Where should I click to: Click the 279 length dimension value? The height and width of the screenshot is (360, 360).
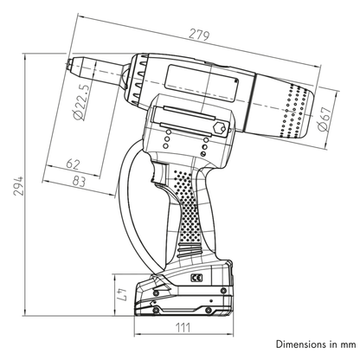coord(199,35)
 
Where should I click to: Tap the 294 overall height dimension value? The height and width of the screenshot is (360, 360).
coord(19,185)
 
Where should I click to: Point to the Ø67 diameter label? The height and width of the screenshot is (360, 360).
coord(325,119)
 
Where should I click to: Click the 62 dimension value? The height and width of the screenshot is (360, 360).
coord(73,164)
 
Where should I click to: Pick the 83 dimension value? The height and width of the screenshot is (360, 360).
coord(79,181)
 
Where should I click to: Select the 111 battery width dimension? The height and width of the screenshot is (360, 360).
coord(183,327)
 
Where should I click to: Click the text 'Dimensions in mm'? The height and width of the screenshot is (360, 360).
coord(316,344)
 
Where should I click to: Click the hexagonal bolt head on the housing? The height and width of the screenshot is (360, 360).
coord(219,127)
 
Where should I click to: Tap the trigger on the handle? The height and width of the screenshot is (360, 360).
coord(158,174)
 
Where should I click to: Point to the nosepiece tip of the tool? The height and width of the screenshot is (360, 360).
coord(69,65)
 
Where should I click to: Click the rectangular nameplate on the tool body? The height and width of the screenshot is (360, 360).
coord(202,83)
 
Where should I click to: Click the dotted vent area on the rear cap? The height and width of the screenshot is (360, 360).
coord(294,111)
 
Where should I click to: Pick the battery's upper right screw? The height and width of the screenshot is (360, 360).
coord(223,291)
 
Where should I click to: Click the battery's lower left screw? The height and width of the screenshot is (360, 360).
coord(156,311)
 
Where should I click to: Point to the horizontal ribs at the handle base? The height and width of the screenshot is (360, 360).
coord(190,250)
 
